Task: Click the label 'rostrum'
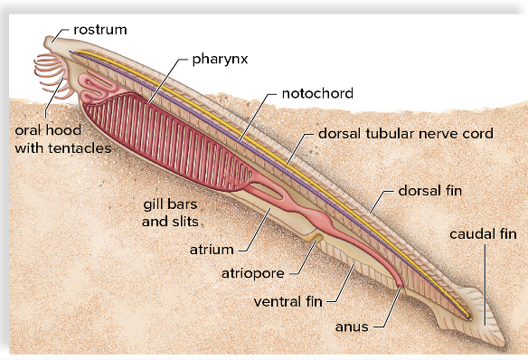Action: (100, 30)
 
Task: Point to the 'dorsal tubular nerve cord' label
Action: (405, 133)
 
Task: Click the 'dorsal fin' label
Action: (432, 192)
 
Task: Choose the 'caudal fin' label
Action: (488, 234)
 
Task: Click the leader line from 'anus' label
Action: (387, 308)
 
